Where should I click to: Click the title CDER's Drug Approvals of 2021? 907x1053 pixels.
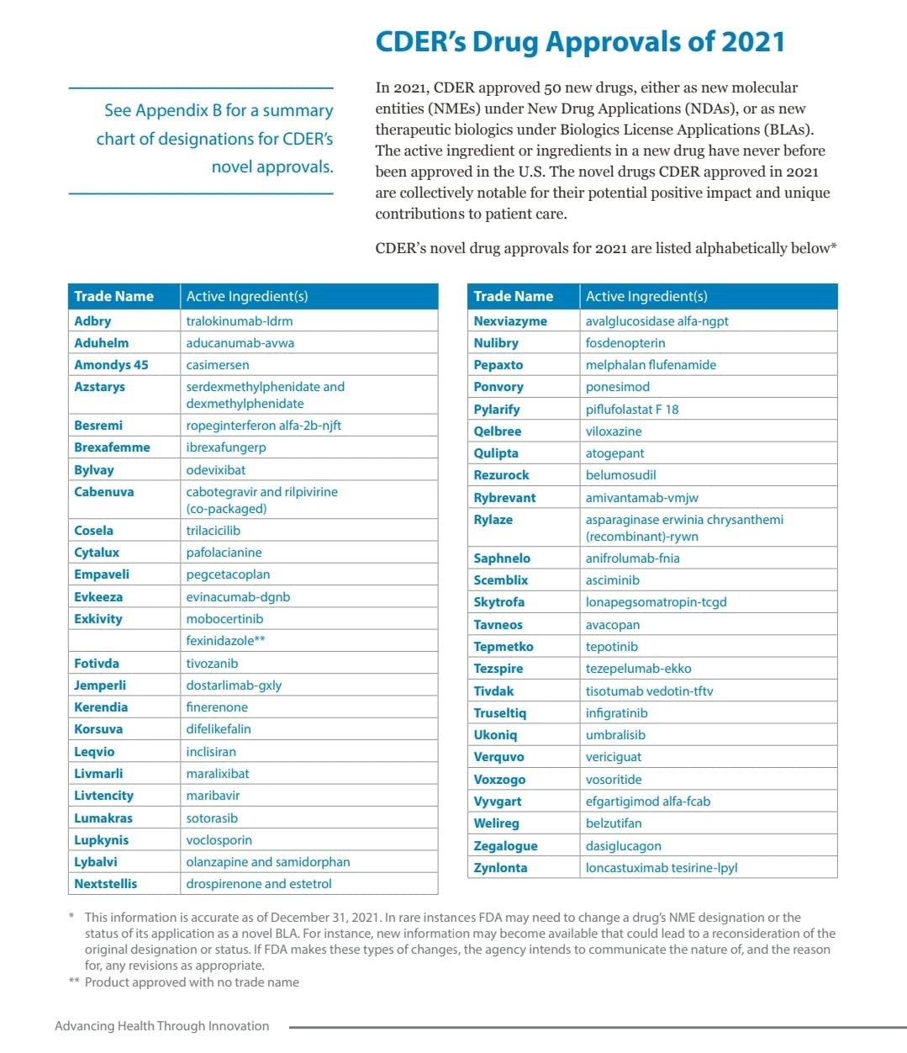tap(579, 42)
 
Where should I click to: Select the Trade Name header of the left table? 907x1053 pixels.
tap(113, 296)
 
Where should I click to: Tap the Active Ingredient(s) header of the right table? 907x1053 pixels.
tap(646, 296)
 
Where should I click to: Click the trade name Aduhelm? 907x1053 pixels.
tap(101, 343)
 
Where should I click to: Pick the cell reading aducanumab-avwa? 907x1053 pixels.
tap(240, 343)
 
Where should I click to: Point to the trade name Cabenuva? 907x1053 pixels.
tap(103, 492)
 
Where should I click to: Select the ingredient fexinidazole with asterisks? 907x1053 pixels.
tap(225, 641)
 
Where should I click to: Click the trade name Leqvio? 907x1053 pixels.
tap(94, 752)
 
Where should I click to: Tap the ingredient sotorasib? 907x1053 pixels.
tap(212, 818)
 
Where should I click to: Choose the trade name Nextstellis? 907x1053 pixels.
tap(105, 884)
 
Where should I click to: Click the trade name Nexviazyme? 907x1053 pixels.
tap(509, 321)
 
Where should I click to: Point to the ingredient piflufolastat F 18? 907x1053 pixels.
tap(632, 410)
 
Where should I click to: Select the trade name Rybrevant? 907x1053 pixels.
tap(504, 498)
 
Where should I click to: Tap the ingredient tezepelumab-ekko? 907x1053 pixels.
tap(638, 669)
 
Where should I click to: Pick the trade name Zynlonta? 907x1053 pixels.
tap(500, 868)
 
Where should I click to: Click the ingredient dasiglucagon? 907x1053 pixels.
tap(623, 846)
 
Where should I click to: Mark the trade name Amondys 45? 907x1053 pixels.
tap(111, 365)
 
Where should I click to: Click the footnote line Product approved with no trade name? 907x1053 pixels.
tap(192, 982)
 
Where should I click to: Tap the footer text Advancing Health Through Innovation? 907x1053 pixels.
tap(161, 1026)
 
